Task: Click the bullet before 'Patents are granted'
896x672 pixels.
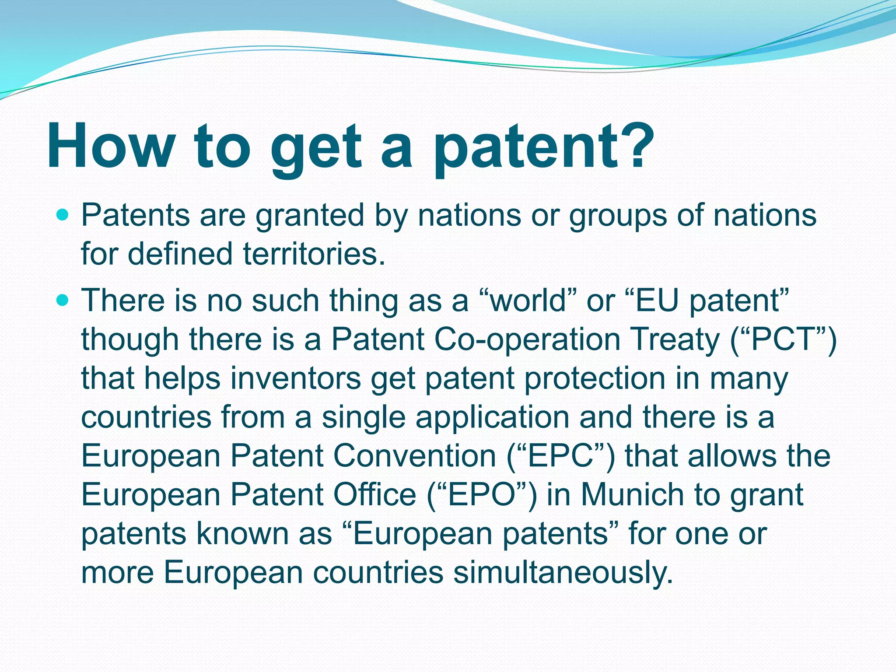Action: pyautogui.click(x=63, y=215)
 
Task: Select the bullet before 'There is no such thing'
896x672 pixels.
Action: pyautogui.click(x=63, y=300)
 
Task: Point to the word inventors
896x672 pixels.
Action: pyautogui.click(x=296, y=378)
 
